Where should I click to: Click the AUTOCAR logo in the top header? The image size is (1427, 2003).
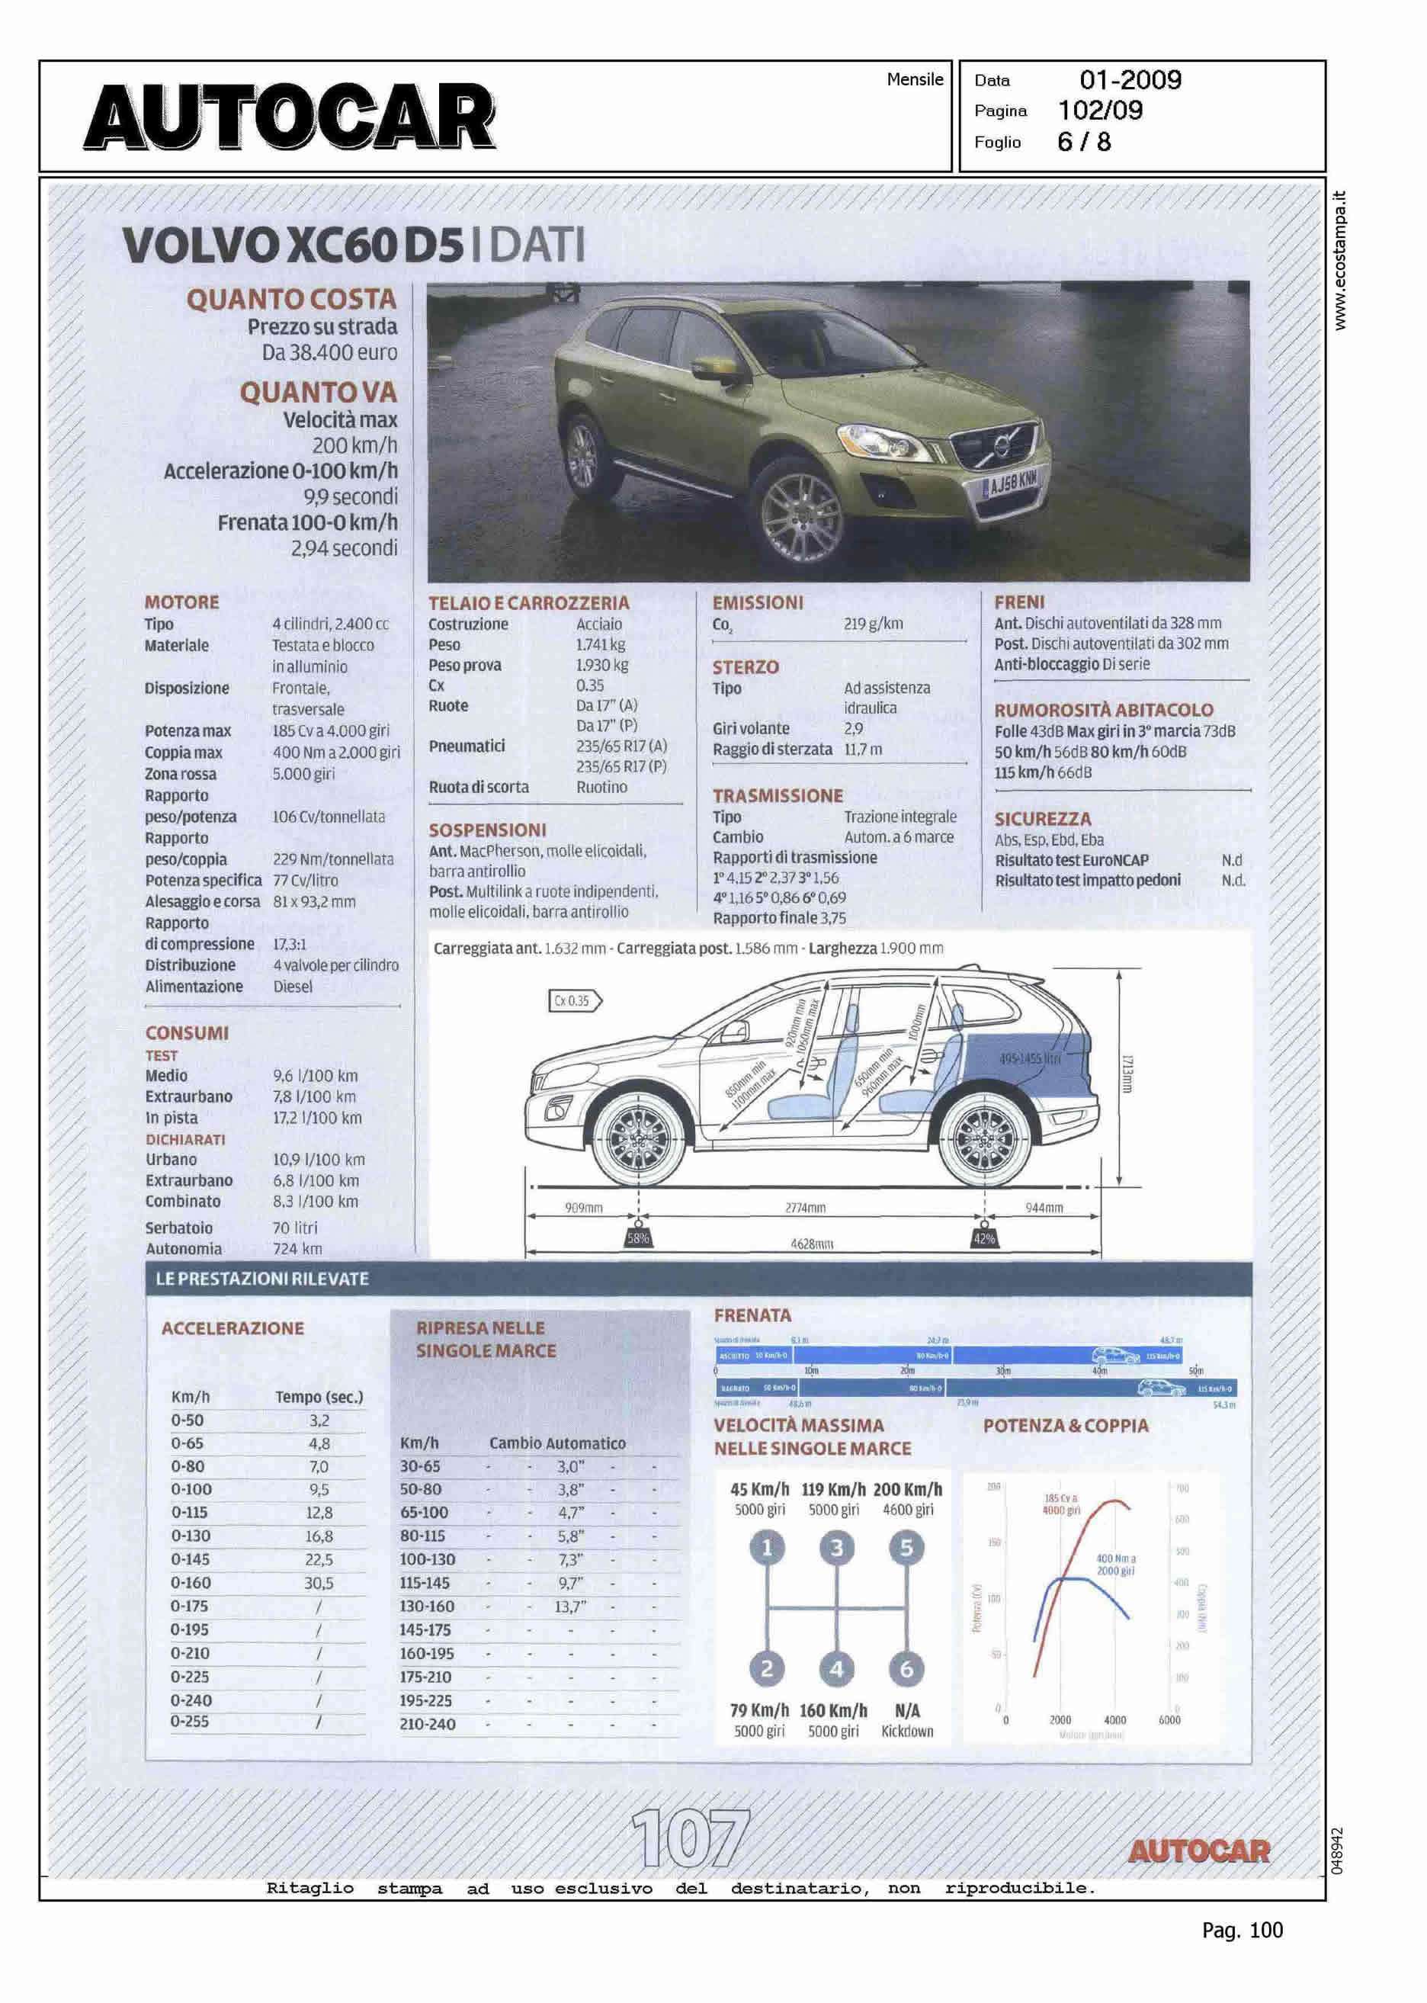(290, 117)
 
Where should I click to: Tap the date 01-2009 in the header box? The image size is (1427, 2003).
(1130, 80)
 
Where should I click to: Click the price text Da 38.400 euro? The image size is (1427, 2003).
(329, 353)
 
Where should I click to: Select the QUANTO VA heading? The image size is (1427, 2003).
(318, 392)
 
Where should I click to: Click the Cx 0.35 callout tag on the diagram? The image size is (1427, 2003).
(575, 1000)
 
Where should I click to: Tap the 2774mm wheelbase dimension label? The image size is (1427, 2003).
(805, 1208)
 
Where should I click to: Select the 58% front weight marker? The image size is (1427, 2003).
(638, 1238)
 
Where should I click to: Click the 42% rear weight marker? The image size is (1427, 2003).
(984, 1238)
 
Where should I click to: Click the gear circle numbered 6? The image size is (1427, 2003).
(906, 1668)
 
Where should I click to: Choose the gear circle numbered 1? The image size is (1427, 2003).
(766, 1547)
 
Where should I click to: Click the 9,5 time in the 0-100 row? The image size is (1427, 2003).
(318, 1489)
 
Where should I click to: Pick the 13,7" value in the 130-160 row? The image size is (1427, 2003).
(570, 1606)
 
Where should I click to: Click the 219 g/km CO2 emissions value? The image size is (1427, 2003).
(873, 624)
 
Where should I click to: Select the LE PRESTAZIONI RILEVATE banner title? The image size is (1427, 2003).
(262, 1279)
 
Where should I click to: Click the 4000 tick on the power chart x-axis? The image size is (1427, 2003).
(1114, 1720)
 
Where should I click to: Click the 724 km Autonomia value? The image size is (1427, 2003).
(297, 1248)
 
